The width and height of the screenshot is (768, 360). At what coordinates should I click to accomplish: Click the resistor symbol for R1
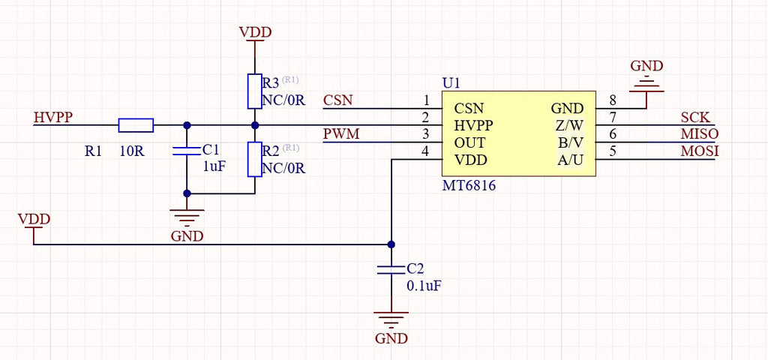tap(136, 125)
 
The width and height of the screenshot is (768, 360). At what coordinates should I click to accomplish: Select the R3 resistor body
tap(255, 91)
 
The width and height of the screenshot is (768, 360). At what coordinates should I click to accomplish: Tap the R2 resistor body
tap(255, 159)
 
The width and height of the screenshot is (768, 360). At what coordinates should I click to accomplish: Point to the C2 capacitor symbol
tap(391, 269)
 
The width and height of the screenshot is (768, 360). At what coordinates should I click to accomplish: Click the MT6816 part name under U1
tap(469, 186)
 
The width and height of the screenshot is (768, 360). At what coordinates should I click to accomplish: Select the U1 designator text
tap(451, 83)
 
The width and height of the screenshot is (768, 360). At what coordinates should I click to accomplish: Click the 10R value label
tap(132, 151)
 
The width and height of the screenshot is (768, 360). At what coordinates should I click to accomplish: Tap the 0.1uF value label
tap(424, 286)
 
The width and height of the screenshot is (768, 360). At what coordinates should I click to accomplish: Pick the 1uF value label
tap(214, 166)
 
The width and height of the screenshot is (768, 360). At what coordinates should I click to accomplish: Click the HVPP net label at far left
tap(53, 117)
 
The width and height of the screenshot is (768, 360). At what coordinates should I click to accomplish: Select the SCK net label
tap(695, 117)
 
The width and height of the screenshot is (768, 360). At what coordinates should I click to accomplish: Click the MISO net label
tap(700, 133)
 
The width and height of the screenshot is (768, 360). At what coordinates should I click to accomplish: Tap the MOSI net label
tap(700, 151)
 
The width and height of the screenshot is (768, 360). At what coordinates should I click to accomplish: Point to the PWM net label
tap(341, 133)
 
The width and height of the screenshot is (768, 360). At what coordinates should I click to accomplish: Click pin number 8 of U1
tap(612, 100)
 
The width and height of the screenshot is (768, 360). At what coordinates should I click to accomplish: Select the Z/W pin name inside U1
tap(569, 125)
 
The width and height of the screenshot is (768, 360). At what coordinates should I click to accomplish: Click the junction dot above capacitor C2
tap(391, 244)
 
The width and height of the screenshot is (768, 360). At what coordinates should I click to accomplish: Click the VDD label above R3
tap(255, 33)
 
